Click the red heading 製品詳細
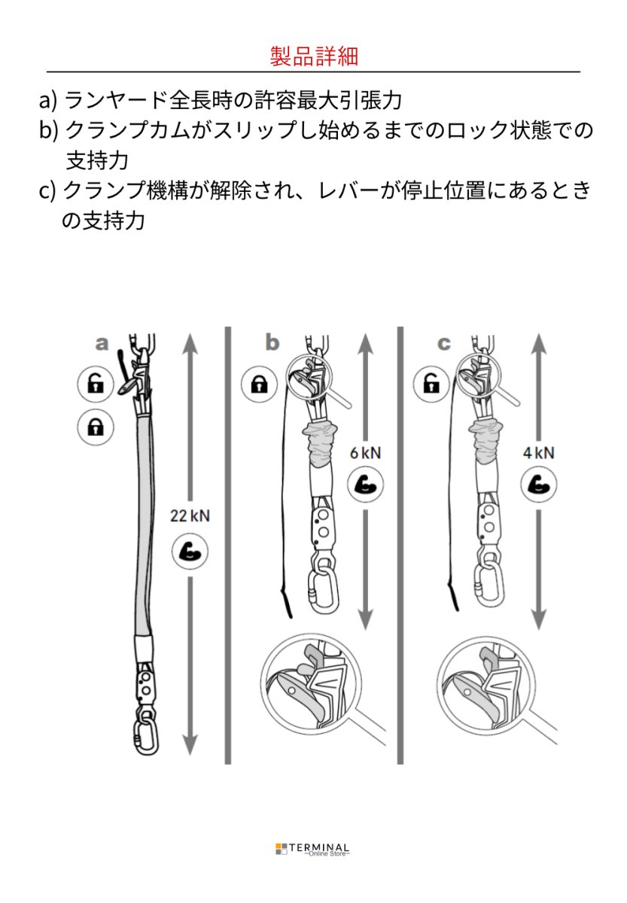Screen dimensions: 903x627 (x=313, y=55)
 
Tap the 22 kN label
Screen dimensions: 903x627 (x=190, y=516)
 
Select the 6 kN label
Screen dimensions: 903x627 (x=366, y=452)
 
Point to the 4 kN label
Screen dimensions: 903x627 (x=538, y=452)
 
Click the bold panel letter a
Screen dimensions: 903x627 (x=102, y=345)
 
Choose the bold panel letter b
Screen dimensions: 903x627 (x=272, y=344)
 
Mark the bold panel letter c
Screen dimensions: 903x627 (x=444, y=344)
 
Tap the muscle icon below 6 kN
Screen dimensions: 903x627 (x=366, y=485)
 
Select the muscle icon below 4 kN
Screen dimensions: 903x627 (x=538, y=485)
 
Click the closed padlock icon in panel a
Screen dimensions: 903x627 (x=96, y=427)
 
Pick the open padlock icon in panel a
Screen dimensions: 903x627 (x=96, y=385)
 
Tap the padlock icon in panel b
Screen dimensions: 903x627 (x=260, y=385)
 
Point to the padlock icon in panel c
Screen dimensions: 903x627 (x=431, y=385)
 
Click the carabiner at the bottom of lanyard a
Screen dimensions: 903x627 (x=145, y=734)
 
